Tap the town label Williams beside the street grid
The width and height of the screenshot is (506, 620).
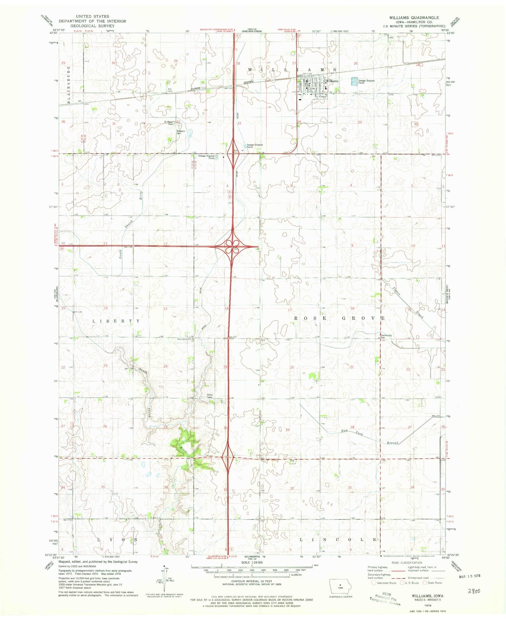click(332, 81)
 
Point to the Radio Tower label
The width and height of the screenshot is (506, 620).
click(209, 396)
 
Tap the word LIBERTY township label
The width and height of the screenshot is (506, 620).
click(116, 321)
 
